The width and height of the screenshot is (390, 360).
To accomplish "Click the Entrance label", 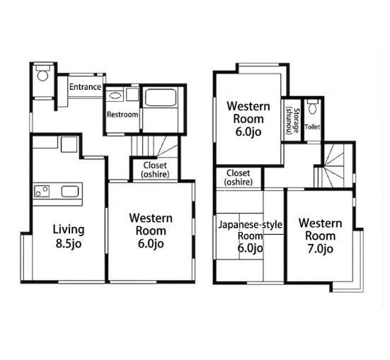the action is pyautogui.click(x=85, y=87).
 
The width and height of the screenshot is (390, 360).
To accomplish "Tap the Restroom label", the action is pyautogui.click(x=122, y=115).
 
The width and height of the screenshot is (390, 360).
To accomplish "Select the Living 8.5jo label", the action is pyautogui.click(x=69, y=236).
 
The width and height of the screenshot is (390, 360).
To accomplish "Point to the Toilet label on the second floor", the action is pyautogui.click(x=312, y=127).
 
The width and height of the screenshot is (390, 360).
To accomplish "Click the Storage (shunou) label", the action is pyautogui.click(x=292, y=122).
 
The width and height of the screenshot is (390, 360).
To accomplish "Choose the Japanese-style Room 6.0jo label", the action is pyautogui.click(x=251, y=236).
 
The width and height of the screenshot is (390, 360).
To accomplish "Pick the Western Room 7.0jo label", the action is pyautogui.click(x=321, y=236).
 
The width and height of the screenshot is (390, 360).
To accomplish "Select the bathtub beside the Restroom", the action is pyautogui.click(x=161, y=98).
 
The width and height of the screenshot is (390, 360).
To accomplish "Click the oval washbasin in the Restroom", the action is pyautogui.click(x=115, y=95).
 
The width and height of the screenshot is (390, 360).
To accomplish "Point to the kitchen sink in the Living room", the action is pyautogui.click(x=70, y=192).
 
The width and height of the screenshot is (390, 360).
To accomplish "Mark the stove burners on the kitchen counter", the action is pyautogui.click(x=42, y=191).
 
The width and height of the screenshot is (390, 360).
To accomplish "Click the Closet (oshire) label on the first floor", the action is pyautogui.click(x=155, y=170).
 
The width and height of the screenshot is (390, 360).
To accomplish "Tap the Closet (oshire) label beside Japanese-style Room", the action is pyautogui.click(x=239, y=178).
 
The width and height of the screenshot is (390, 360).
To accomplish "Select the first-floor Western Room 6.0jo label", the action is pyautogui.click(x=151, y=231).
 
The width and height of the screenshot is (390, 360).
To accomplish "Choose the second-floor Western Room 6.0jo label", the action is pyautogui.click(x=248, y=119).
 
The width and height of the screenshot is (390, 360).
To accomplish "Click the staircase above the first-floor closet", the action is pyautogui.click(x=154, y=146).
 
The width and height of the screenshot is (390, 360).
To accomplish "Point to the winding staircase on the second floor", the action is pyautogui.click(x=333, y=166).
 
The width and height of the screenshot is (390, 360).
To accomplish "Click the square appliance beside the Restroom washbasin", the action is pyautogui.click(x=132, y=95).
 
